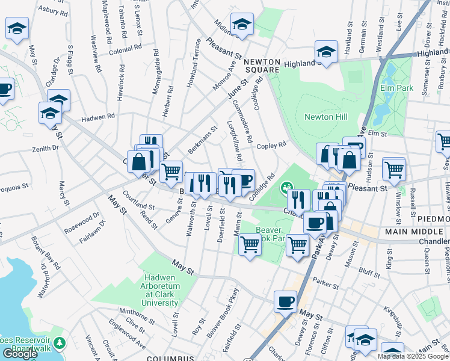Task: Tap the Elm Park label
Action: pyautogui.click(x=397, y=88)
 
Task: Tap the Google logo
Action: pyautogui.click(x=20, y=354)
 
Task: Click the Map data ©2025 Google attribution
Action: pyautogui.click(x=413, y=356)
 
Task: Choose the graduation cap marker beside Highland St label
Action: pyautogui.click(x=326, y=51)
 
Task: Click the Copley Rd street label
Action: pyautogui.click(x=271, y=146)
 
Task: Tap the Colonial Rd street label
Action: pyautogui.click(x=125, y=46)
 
